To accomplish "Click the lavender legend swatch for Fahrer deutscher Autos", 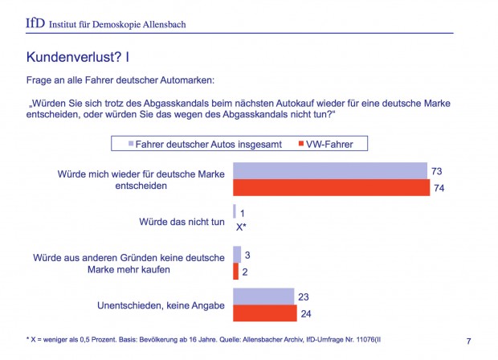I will (123, 145).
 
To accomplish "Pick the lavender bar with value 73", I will (329, 171).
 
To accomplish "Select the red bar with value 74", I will (331, 188).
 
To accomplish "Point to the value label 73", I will (436, 171).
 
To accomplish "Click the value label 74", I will (439, 188).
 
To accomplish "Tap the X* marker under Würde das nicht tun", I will (240, 227).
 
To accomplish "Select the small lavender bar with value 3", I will (237, 255).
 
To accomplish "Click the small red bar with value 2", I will (235, 272).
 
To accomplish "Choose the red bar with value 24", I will (264, 313).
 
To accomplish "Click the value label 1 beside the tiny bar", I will (242, 212).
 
